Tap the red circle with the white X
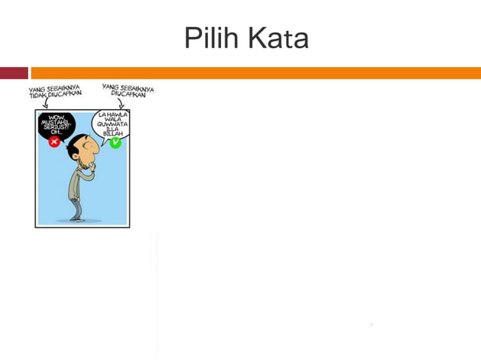pos(54,142)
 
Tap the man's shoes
pos(76,218)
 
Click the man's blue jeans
pos(75,203)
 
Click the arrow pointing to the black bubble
pos(44,104)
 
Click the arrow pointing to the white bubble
pos(121,104)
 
